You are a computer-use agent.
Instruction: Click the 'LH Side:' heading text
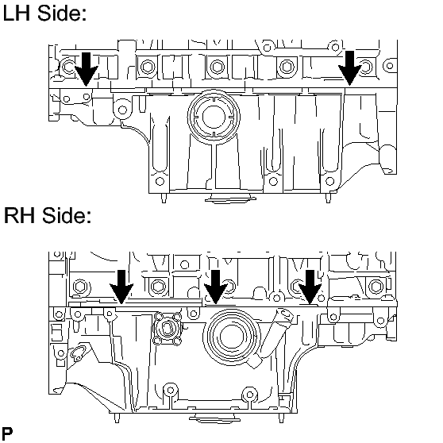pos(44,13)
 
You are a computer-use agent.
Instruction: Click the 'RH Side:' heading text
pos(48,215)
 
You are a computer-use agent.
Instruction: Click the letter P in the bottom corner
pos(7,433)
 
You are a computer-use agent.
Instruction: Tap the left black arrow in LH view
pos(87,69)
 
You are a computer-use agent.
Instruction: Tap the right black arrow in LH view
pos(350,68)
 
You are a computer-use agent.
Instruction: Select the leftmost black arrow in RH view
pos(121,287)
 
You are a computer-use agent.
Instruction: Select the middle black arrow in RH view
pos(216,287)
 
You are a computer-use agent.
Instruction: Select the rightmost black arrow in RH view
pos(310,287)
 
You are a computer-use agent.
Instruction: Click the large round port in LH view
pos(214,117)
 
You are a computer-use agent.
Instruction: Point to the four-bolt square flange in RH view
pos(167,329)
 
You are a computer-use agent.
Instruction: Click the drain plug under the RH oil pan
pos(214,418)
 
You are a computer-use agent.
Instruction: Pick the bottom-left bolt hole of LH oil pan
pos(160,181)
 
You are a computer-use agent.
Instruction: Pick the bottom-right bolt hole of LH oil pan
pos(329,181)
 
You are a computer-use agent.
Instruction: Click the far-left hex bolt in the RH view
pos(80,287)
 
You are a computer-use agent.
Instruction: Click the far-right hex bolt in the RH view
pos(376,287)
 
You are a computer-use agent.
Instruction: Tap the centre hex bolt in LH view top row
pos(218,67)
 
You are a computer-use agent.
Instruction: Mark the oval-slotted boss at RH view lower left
pos(78,352)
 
